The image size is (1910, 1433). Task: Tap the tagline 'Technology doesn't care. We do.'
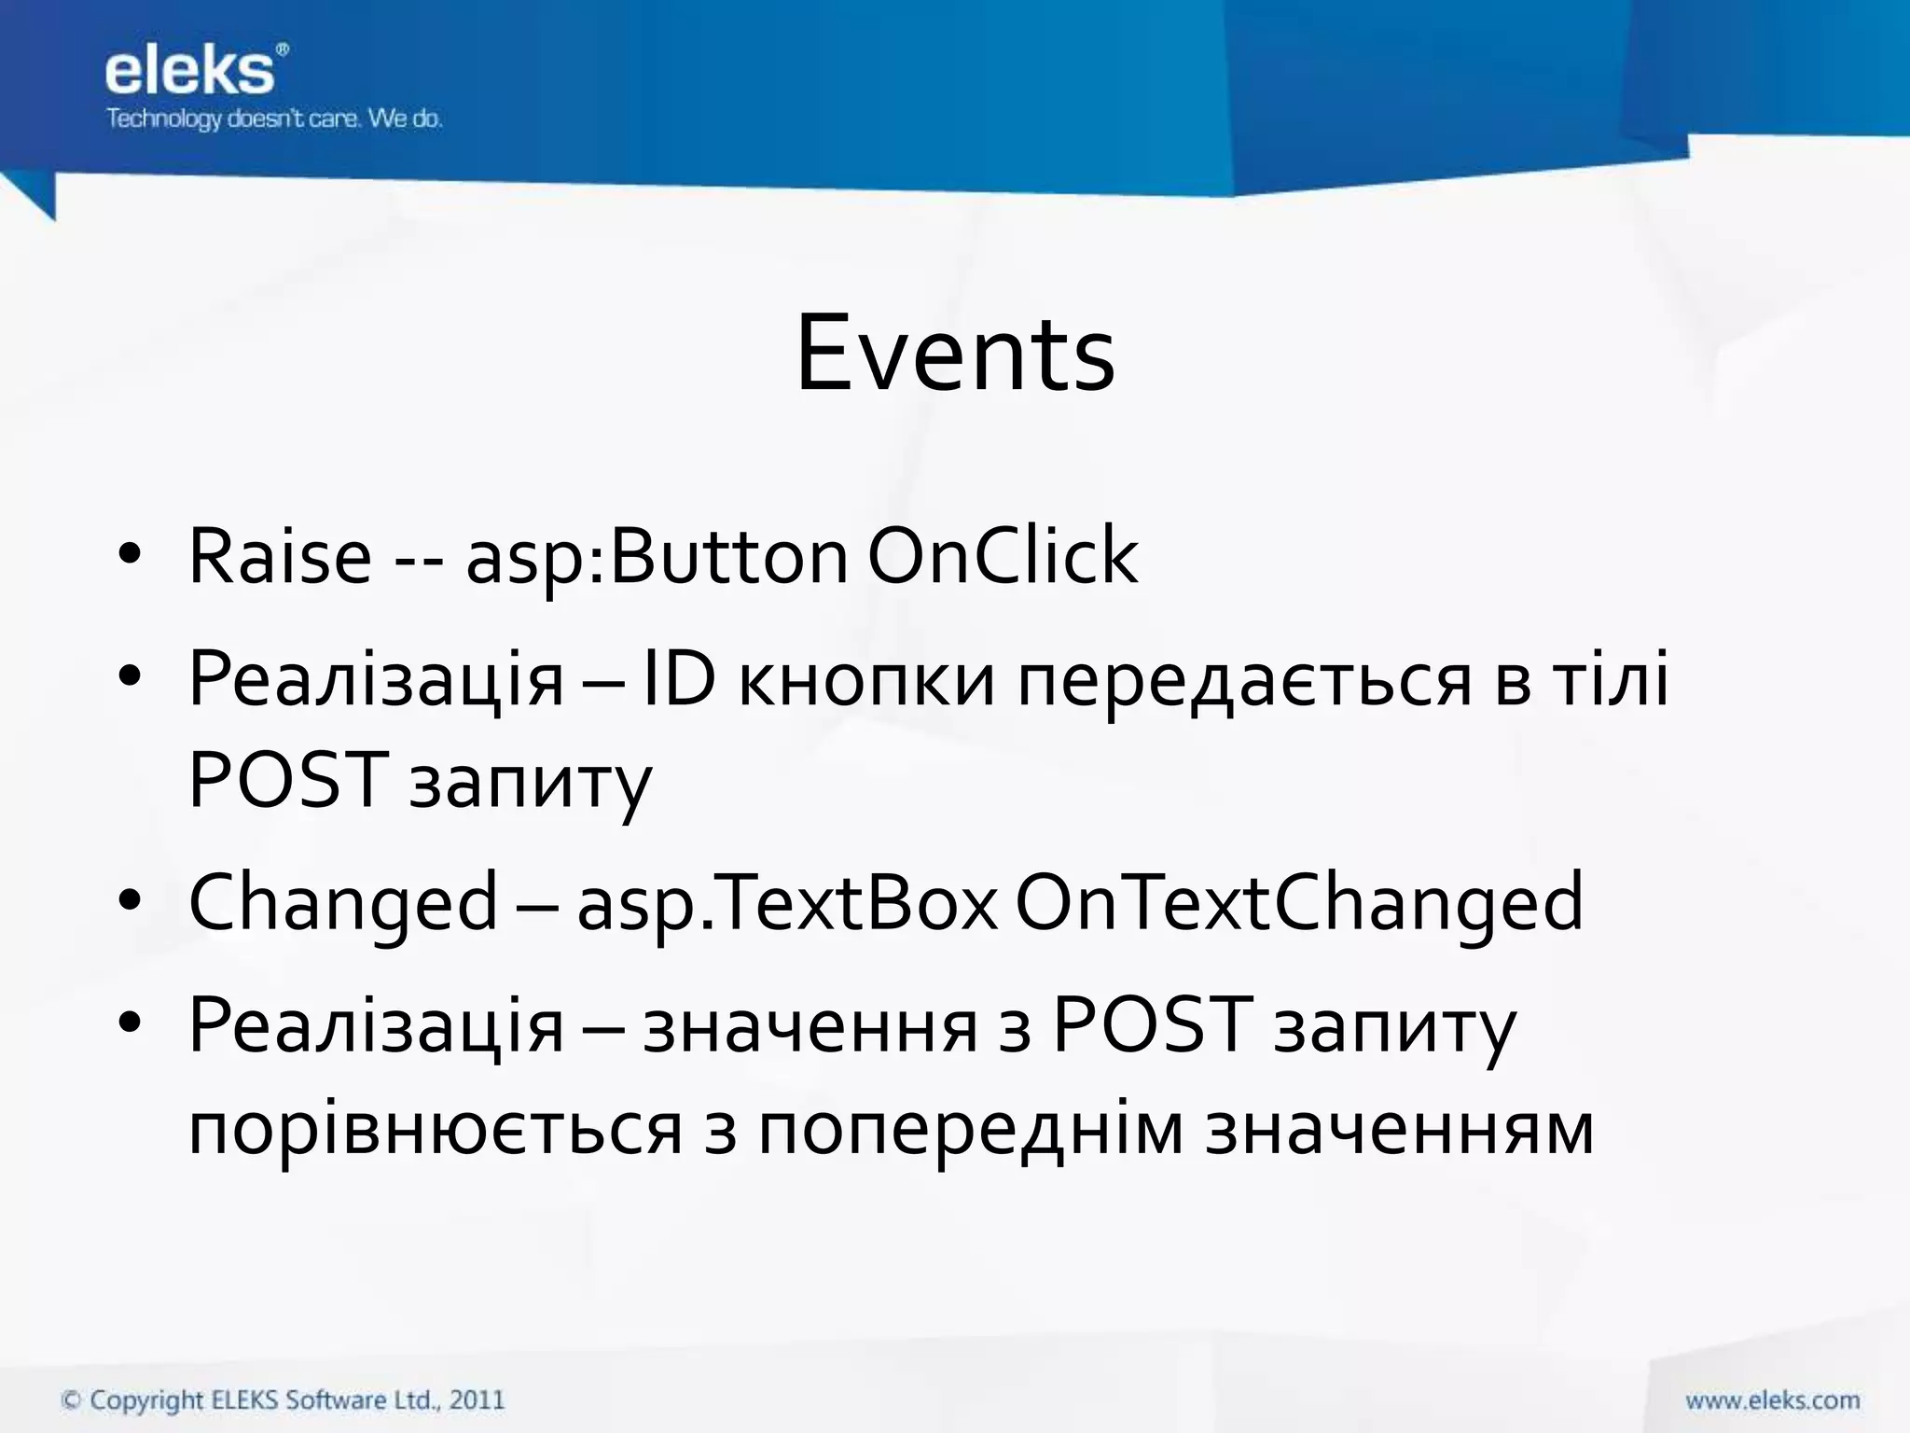[x=274, y=119]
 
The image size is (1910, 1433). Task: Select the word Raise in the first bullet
[x=280, y=557]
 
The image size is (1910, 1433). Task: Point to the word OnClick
[x=1003, y=557]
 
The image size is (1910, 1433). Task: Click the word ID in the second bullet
[x=679, y=678]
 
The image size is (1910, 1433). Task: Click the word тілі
[x=1610, y=678]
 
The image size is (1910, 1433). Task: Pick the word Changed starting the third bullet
[x=343, y=903]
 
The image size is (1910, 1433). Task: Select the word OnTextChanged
[x=1298, y=903]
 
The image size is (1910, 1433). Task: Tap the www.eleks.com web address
[x=1772, y=1400]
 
